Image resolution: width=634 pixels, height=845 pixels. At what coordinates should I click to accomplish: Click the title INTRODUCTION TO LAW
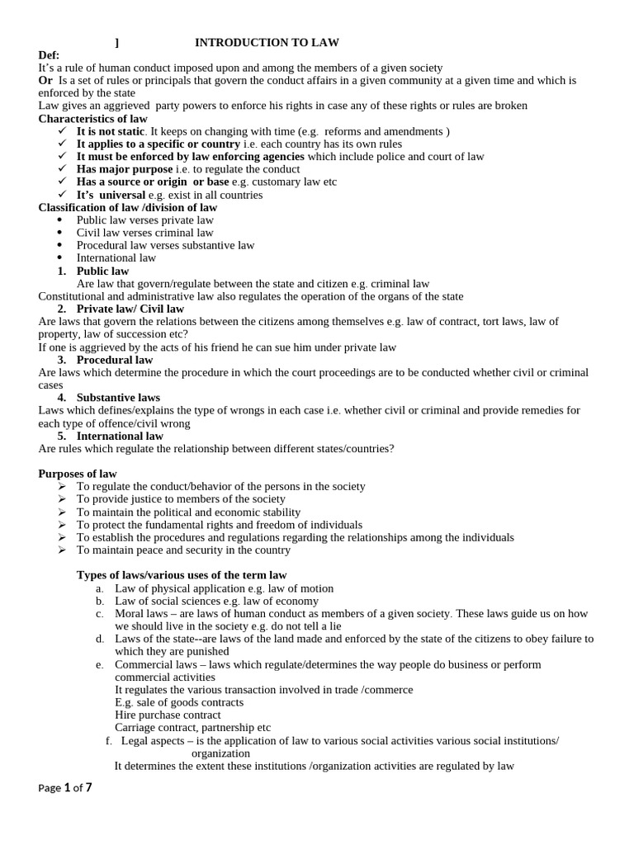click(267, 42)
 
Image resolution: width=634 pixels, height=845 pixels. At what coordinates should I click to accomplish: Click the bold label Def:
click(50, 54)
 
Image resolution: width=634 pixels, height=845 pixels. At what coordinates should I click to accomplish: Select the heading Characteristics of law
click(93, 118)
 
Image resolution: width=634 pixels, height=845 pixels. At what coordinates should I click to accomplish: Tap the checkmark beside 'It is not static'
click(64, 131)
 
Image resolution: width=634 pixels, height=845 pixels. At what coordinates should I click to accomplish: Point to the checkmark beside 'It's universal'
click(64, 195)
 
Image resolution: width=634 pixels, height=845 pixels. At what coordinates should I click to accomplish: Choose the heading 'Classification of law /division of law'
click(128, 207)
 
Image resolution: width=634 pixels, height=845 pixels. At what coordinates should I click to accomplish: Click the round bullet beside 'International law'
click(62, 258)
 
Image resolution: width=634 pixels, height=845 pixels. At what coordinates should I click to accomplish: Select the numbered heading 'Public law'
click(102, 271)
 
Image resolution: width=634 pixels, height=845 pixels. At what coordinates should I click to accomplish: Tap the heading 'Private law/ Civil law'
click(130, 309)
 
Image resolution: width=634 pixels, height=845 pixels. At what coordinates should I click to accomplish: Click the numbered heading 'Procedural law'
click(115, 360)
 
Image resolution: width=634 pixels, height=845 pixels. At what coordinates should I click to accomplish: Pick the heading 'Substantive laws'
click(118, 398)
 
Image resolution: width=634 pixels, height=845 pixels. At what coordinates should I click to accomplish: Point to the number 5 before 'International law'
click(61, 436)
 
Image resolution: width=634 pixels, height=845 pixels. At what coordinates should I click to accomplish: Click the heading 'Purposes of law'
click(78, 474)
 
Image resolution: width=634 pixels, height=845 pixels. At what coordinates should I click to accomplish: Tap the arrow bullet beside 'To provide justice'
click(63, 499)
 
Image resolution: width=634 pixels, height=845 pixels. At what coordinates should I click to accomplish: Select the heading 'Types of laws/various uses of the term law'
click(182, 574)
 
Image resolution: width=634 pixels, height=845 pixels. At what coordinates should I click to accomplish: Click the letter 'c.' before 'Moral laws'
click(99, 614)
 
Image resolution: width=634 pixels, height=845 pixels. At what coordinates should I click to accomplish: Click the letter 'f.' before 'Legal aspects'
click(108, 741)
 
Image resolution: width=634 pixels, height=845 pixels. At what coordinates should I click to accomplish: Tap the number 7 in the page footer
click(88, 787)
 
